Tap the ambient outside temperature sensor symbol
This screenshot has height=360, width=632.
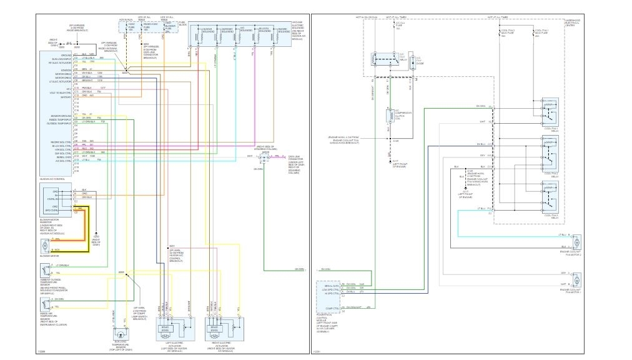46,271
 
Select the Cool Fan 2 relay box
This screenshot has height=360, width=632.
550,149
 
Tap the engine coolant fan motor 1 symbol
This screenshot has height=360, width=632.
578,279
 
